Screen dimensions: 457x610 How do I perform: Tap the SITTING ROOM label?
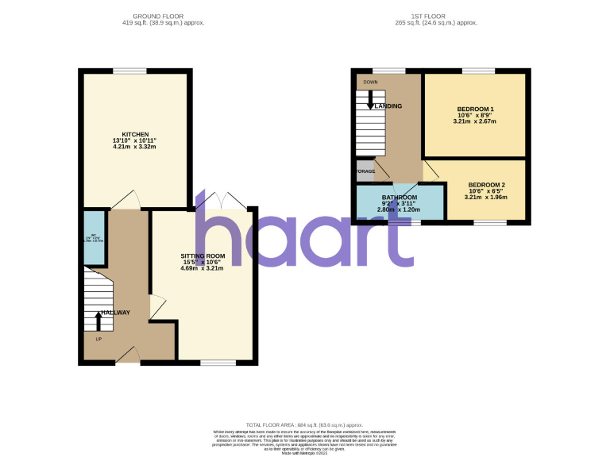[203, 256]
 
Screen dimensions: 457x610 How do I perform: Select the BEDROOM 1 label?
[476, 109]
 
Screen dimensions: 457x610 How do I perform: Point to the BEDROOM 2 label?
[486, 184]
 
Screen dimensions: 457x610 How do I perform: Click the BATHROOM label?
[400, 197]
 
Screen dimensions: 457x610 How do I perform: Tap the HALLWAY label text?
[115, 313]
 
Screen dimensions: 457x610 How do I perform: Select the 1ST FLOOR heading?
[437, 16]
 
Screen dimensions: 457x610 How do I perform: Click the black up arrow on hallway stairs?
[98, 321]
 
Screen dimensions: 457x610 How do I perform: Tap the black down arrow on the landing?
[370, 100]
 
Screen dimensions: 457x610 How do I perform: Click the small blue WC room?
[94, 237]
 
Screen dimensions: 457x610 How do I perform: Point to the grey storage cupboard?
[365, 171]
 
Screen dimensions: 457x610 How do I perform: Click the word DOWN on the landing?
[370, 82]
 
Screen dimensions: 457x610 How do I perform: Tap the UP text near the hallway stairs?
[98, 340]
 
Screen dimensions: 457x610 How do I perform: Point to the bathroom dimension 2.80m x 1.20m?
[400, 209]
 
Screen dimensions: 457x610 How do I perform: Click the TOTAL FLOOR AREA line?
[305, 425]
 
